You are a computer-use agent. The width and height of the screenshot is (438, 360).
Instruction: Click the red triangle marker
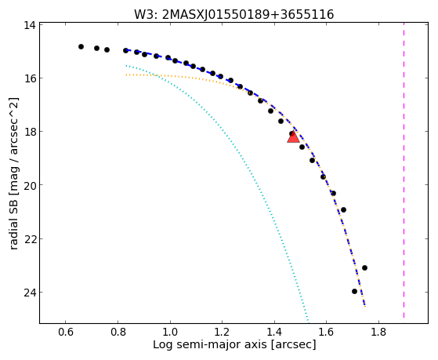(x=293, y=137)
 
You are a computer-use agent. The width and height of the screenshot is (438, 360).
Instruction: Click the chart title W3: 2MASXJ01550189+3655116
(x=233, y=14)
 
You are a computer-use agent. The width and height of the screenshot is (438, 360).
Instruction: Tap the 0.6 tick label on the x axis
(x=66, y=333)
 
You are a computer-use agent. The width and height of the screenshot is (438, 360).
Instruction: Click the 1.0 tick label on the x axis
(x=170, y=333)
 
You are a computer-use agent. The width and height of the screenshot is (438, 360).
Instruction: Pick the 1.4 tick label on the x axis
(x=274, y=333)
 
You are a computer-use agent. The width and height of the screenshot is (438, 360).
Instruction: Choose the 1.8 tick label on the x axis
(x=378, y=333)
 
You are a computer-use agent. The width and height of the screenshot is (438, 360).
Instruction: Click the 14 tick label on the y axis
(x=30, y=25)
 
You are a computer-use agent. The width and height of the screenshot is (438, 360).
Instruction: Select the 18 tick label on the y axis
(x=30, y=132)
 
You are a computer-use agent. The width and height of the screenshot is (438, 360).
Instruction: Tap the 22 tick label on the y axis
(x=30, y=239)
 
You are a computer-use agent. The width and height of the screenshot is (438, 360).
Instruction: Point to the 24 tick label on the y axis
(x=30, y=293)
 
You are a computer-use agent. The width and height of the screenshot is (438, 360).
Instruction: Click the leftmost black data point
(x=81, y=47)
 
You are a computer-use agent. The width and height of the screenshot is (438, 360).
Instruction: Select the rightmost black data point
(x=364, y=268)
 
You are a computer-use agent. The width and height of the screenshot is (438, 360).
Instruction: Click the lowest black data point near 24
(x=354, y=292)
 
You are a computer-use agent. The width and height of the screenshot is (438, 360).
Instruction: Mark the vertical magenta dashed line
(x=404, y=170)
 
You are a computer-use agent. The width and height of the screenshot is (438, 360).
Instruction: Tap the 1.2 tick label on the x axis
(x=222, y=333)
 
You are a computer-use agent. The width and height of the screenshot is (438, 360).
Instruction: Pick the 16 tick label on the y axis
(x=30, y=78)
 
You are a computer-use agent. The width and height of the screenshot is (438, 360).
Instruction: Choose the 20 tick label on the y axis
(x=30, y=185)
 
